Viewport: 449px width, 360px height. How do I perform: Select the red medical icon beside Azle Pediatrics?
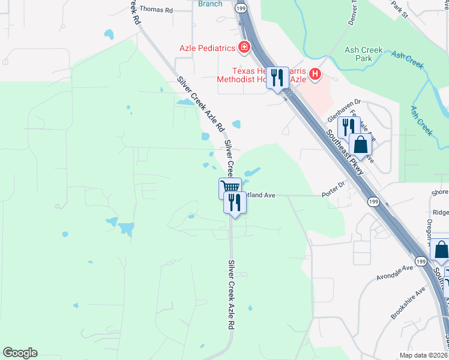[x=244, y=47]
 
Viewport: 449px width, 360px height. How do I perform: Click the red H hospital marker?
[x=315, y=75]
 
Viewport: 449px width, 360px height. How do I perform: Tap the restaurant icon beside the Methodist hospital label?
[x=277, y=77]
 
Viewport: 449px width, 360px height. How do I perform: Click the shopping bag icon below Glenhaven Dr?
[x=360, y=145]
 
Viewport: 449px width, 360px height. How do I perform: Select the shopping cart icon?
[x=230, y=187]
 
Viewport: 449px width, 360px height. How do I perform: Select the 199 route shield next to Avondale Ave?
[x=421, y=261]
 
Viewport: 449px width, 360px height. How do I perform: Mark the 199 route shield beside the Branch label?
[x=241, y=8]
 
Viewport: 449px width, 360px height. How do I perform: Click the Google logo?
[x=20, y=352]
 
